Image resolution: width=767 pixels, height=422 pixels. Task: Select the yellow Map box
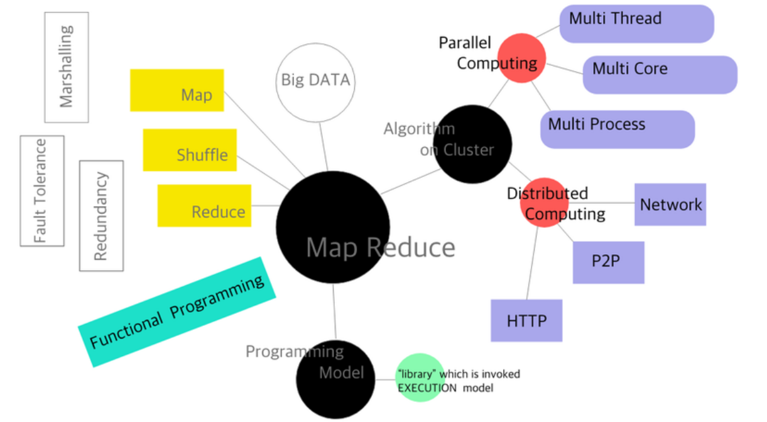click(177, 90)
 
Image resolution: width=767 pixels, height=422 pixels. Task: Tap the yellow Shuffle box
click(190, 150)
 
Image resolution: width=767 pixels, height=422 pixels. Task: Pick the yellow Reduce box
click(204, 205)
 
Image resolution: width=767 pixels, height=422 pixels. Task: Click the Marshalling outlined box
click(67, 67)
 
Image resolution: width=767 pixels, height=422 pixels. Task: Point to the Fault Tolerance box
click(42, 190)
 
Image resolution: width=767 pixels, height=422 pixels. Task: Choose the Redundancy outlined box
click(101, 215)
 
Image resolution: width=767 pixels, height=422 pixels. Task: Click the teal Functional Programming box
click(177, 312)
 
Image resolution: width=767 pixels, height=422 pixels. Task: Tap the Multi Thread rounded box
click(636, 24)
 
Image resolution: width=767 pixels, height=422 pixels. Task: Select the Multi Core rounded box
click(660, 75)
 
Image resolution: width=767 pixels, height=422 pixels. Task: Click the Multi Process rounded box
click(617, 129)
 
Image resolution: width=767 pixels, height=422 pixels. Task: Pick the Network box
click(670, 204)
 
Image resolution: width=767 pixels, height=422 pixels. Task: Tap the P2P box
click(608, 262)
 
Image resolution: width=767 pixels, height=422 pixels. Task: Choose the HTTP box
click(526, 320)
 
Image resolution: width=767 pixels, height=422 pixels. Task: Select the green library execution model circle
click(420, 377)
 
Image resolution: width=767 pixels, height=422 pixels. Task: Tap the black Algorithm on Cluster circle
click(472, 145)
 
